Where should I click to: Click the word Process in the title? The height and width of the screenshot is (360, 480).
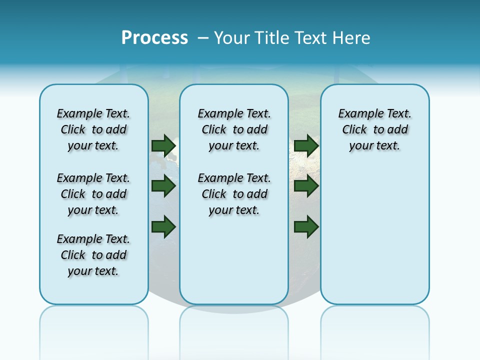point(154,38)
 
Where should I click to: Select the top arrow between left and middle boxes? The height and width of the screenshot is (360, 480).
point(163,145)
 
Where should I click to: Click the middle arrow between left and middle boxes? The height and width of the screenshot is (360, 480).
point(163,186)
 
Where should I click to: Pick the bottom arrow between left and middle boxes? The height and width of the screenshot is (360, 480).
point(163,226)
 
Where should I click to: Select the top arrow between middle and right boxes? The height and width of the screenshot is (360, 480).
point(306,145)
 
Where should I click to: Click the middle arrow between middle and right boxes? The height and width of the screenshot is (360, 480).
point(306,186)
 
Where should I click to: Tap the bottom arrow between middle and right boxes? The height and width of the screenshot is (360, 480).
point(306,226)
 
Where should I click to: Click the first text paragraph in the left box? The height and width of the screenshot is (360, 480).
point(93,129)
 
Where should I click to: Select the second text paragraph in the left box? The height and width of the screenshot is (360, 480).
point(93,194)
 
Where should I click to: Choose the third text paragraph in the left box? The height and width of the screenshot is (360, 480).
point(93,255)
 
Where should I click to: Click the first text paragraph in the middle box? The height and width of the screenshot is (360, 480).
point(234,129)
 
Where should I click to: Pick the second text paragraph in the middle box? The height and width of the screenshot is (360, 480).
point(234,194)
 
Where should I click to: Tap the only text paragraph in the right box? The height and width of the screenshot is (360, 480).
point(375,129)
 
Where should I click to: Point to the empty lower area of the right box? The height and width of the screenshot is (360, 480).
point(375,235)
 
